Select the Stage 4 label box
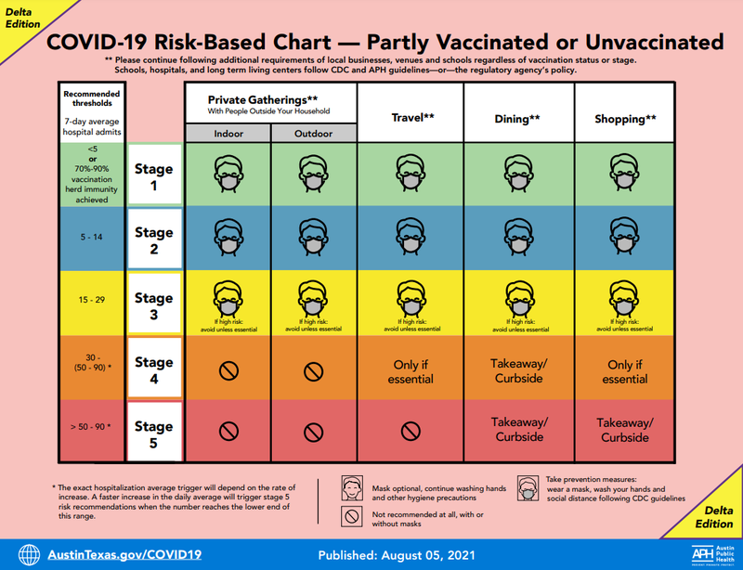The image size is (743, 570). pyautogui.click(x=154, y=369)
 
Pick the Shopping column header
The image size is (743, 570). pyautogui.click(x=625, y=119)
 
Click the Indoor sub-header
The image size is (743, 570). pyautogui.click(x=227, y=134)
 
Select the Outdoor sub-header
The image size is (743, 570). pyautogui.click(x=313, y=134)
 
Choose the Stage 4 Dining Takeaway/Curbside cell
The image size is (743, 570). pyautogui.click(x=518, y=370)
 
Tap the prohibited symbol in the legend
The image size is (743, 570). pyautogui.click(x=352, y=517)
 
